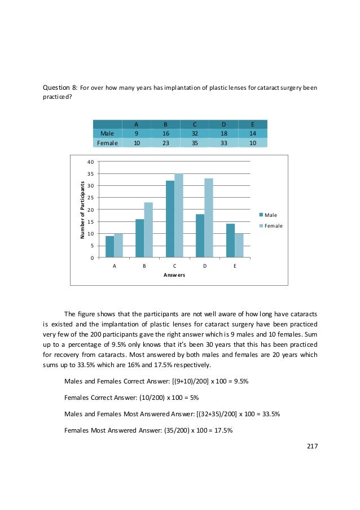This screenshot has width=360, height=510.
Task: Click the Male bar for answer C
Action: tap(170, 219)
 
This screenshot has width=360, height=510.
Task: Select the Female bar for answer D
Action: tap(208, 218)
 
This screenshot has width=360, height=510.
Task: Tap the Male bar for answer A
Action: tap(109, 247)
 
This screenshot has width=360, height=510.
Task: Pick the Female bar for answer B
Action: tap(148, 230)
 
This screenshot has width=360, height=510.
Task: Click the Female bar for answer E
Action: tap(239, 246)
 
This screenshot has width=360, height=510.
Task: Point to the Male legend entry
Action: tap(268, 215)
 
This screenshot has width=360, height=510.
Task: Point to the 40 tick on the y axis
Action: tap(90, 162)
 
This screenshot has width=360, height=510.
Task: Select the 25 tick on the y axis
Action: tap(90, 198)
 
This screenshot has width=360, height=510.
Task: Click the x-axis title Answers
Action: tap(174, 275)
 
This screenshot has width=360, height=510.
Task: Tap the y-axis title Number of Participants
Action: tap(82, 210)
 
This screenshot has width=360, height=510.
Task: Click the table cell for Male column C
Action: tap(195, 133)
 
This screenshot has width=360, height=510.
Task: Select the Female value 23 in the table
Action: tap(165, 143)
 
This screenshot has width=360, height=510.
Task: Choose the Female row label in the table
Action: tap(107, 143)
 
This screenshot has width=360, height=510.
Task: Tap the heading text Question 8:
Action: tap(60, 88)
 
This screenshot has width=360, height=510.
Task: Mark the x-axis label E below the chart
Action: tap(235, 264)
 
